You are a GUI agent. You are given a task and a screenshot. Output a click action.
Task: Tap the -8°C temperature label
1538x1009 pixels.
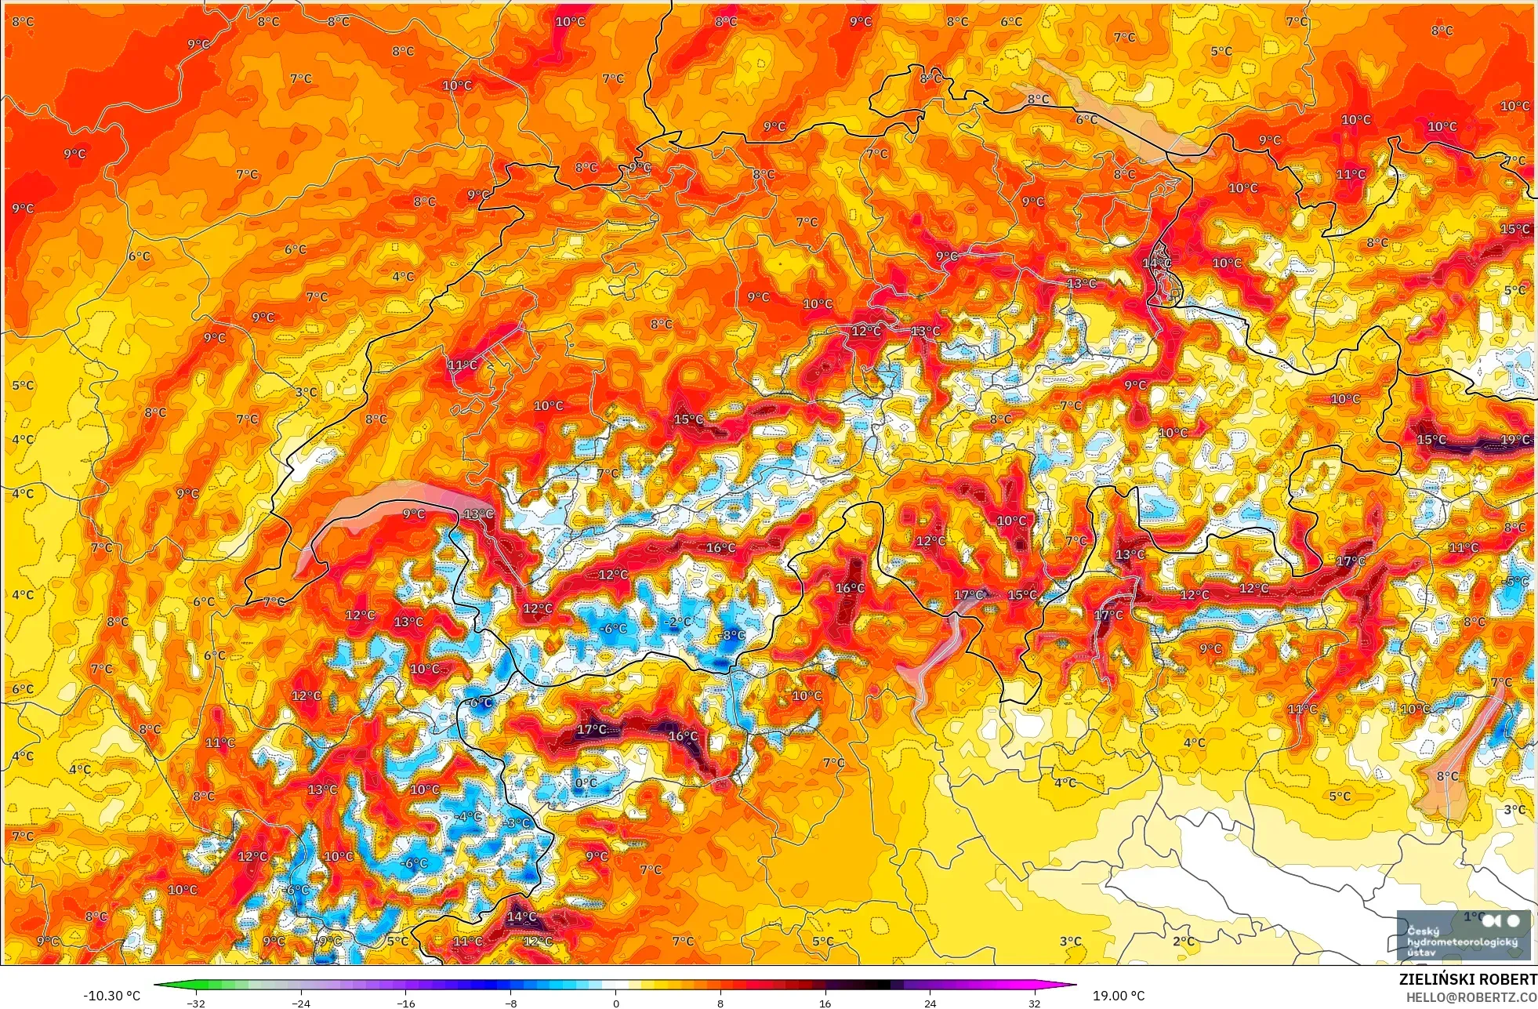[x=732, y=635]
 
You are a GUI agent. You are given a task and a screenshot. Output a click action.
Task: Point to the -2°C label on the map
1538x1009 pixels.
[x=678, y=622]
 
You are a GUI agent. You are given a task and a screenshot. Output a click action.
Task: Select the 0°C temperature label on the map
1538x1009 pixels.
[x=586, y=782]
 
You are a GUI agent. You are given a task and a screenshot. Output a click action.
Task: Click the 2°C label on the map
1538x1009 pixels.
[x=1184, y=941]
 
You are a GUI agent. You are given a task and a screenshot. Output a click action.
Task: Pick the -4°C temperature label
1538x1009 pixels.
[x=469, y=816]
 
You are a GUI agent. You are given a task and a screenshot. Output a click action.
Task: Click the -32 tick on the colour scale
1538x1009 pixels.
[x=196, y=1003]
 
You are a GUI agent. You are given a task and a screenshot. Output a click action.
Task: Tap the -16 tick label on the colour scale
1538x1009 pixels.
[x=405, y=1003]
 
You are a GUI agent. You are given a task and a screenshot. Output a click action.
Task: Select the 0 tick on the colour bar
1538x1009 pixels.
[x=615, y=1003]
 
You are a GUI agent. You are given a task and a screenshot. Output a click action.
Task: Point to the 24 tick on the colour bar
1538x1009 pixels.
[x=930, y=1003]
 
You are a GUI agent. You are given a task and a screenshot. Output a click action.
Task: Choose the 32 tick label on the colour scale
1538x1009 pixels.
[x=1035, y=1003]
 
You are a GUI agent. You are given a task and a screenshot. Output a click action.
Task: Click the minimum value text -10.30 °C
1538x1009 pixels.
[x=111, y=996]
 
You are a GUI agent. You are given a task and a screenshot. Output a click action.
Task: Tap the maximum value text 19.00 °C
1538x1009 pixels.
[x=1119, y=996]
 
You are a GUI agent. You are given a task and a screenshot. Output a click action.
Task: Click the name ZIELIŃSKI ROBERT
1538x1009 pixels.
[x=1467, y=979]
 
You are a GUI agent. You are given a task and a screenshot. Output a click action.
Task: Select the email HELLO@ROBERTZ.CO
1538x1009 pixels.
[x=1471, y=997]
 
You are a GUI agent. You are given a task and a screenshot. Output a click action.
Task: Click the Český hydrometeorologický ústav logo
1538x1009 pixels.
[x=1463, y=935]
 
